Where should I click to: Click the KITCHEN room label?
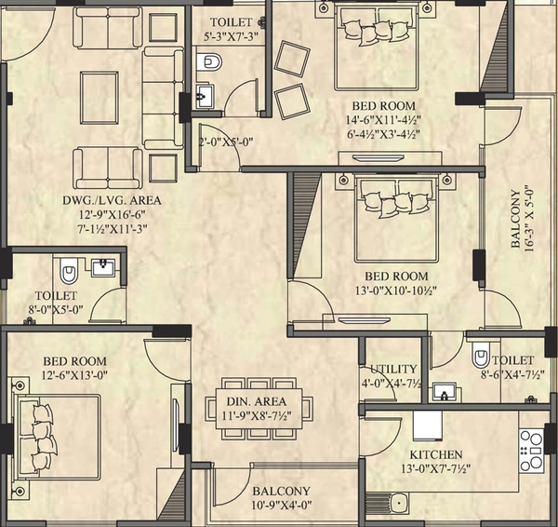(436, 455)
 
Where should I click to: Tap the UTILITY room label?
(393, 369)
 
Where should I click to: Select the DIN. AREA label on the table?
(257, 401)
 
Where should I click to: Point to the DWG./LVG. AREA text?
(112, 200)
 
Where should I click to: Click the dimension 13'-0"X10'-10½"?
(396, 291)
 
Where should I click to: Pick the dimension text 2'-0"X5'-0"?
(226, 142)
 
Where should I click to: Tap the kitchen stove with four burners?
(531, 451)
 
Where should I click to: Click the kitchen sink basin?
(399, 503)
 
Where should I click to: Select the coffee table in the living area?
(100, 97)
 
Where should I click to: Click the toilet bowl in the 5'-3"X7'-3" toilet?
(208, 62)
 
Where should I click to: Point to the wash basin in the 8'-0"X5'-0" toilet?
(103, 267)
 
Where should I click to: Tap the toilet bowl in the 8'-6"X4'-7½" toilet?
(481, 355)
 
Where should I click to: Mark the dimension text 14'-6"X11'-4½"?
(383, 120)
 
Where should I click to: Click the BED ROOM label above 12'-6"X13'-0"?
(74, 361)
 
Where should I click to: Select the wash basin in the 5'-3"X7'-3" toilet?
(205, 96)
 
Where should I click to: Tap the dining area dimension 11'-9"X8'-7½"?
(257, 415)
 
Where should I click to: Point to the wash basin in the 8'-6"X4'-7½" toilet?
(445, 392)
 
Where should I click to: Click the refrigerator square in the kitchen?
(428, 426)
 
